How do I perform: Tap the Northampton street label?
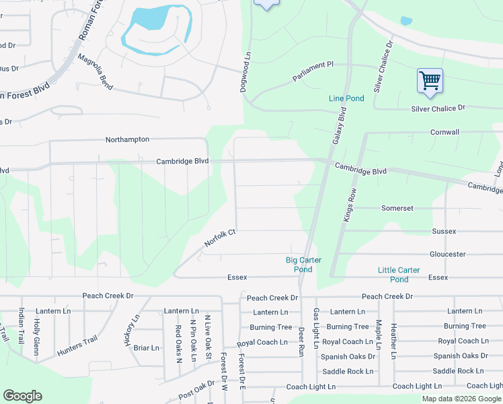127,139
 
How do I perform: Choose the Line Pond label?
346,98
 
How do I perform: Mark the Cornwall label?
444,132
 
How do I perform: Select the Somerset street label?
397,208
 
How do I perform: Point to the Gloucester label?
447,254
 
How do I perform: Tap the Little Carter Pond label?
399,275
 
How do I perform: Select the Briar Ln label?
146,348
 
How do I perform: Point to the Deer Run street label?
301,342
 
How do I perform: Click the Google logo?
22,396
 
